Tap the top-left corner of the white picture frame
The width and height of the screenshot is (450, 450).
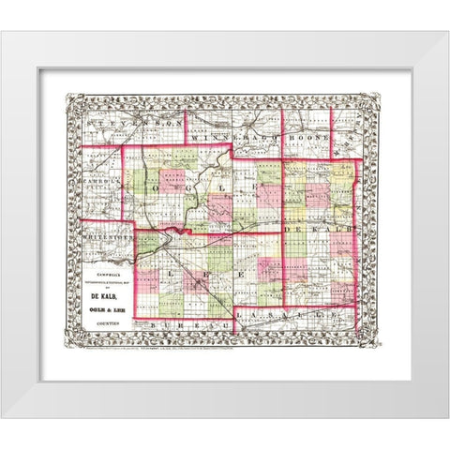[x=4, y=36]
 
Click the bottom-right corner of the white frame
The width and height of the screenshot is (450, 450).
[x=445, y=414]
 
